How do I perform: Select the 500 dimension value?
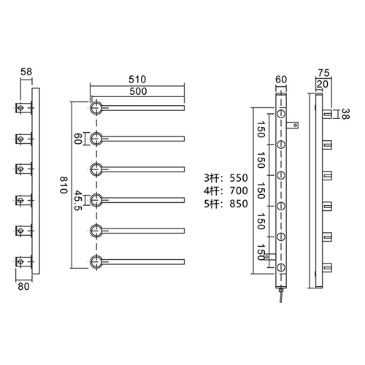click(137, 91)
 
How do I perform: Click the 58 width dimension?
click(26, 73)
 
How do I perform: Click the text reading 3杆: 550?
click(228, 177)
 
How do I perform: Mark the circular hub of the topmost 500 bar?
click(96, 108)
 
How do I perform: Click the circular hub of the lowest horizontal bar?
click(96, 261)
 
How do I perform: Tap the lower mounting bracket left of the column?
click(270, 257)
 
